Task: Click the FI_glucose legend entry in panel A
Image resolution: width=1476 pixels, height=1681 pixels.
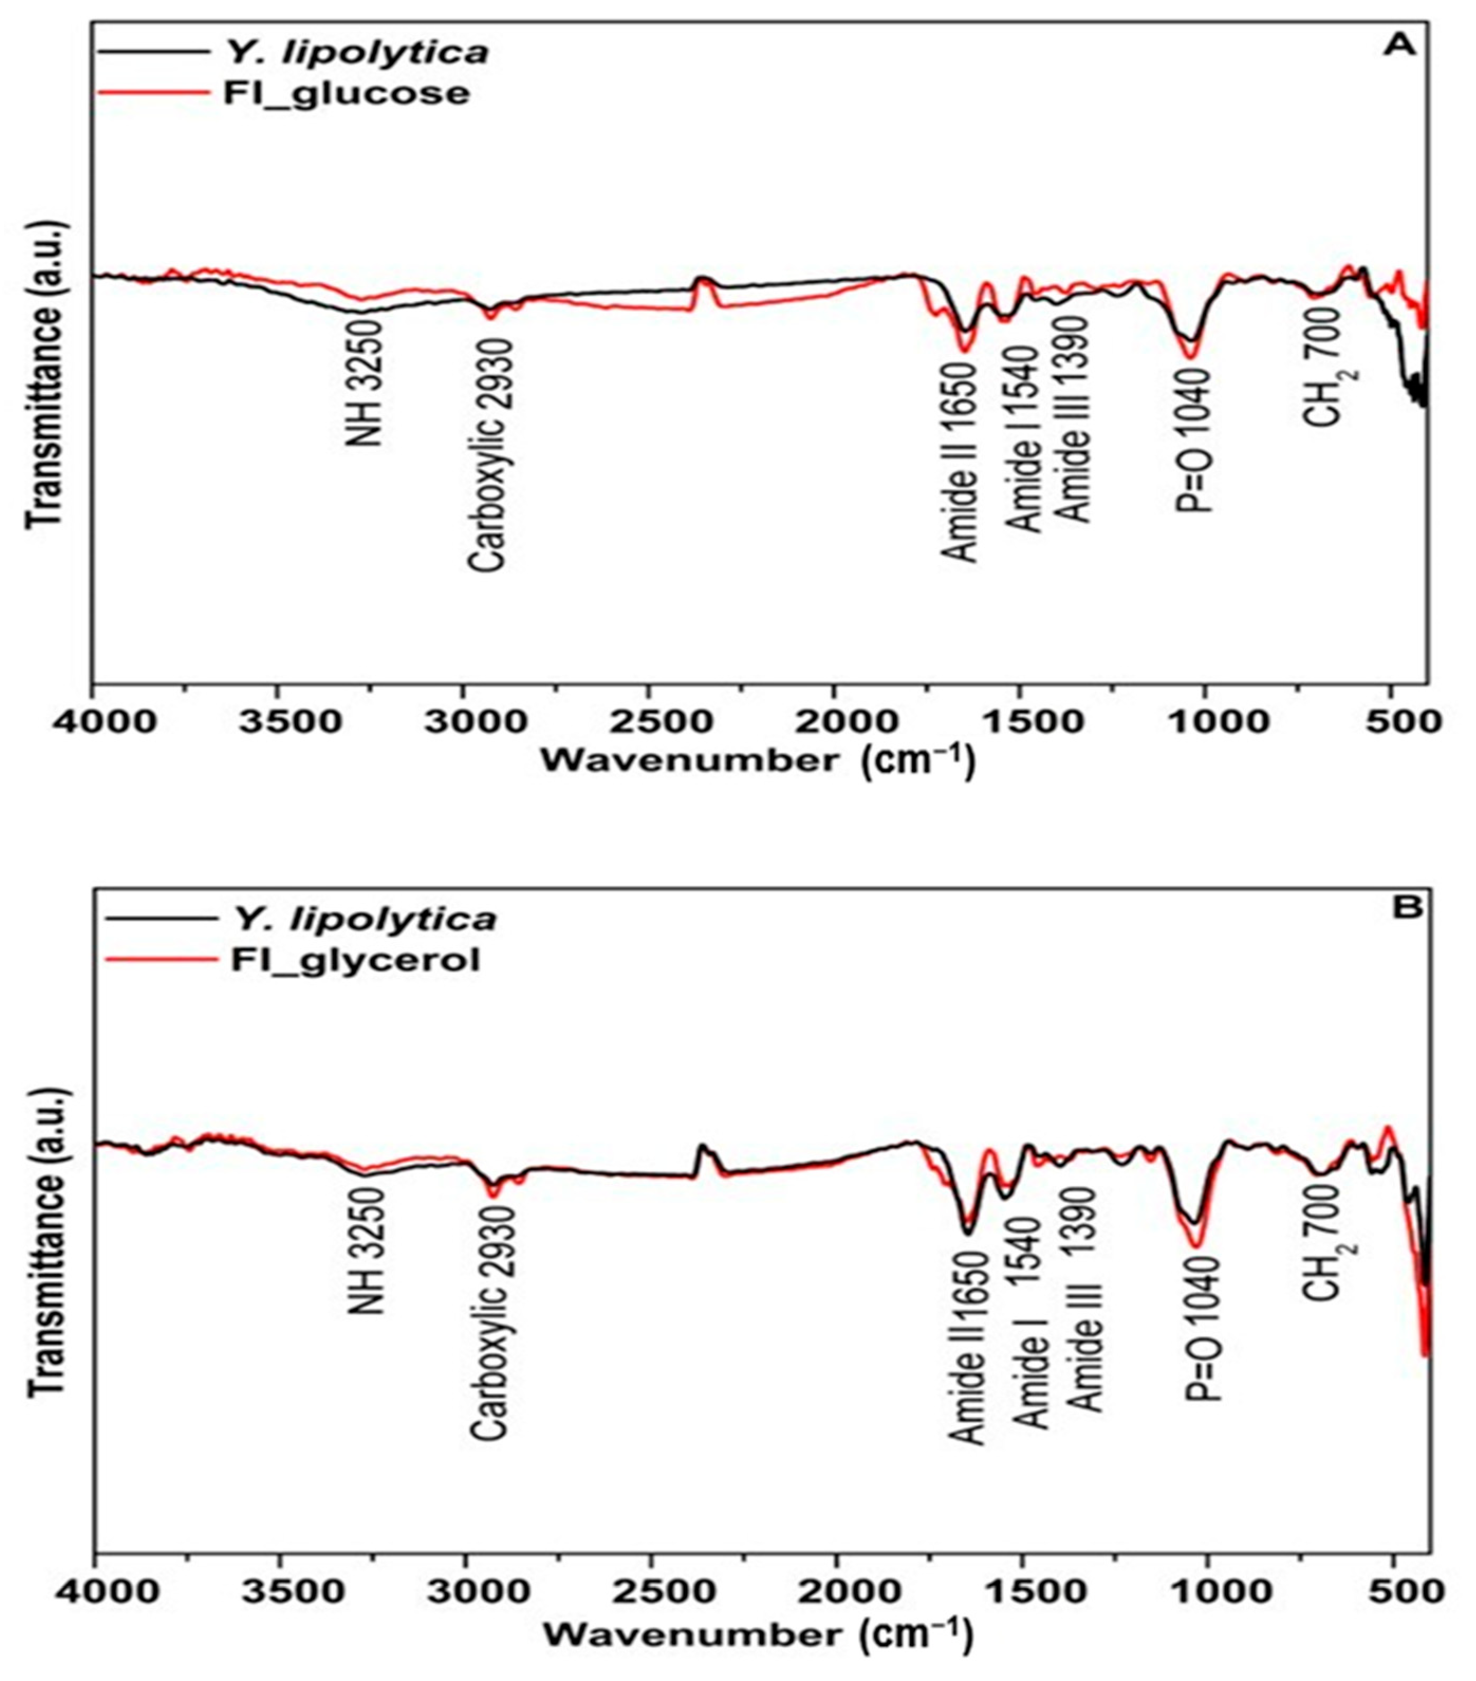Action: tap(346, 92)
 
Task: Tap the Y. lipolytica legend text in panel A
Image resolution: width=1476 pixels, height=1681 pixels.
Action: tap(356, 53)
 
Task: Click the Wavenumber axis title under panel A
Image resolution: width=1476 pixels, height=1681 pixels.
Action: tap(757, 760)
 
